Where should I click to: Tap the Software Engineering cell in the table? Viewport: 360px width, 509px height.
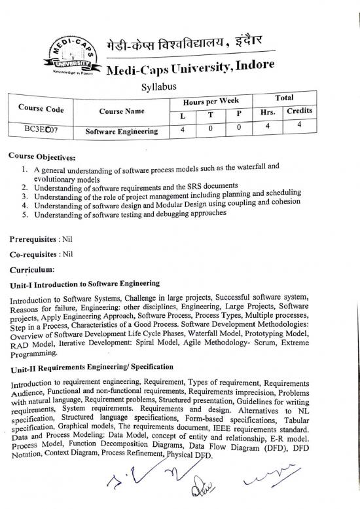pyautogui.click(x=122, y=131)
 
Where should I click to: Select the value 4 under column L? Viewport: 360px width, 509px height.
pyautogui.click(x=183, y=129)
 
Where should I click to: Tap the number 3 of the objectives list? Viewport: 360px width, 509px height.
pyautogui.click(x=24, y=196)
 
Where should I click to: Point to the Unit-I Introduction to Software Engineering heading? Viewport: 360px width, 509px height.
pyautogui.click(x=84, y=284)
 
